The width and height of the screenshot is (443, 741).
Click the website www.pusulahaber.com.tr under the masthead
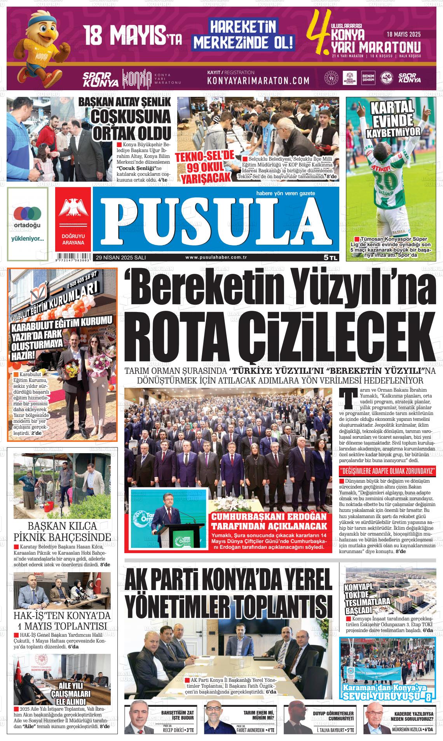[216, 257]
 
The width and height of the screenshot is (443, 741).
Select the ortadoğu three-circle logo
[27, 213]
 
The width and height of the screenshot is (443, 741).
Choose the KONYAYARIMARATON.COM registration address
[258, 81]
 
